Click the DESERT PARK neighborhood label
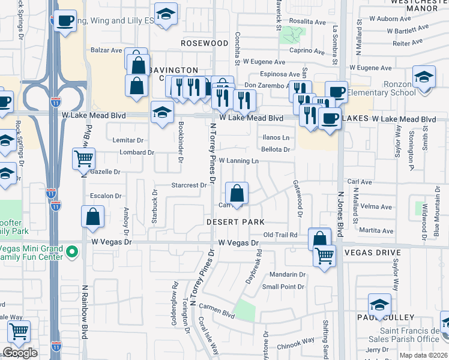pyautogui.click(x=235, y=222)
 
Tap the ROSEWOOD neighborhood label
pyautogui.click(x=205, y=44)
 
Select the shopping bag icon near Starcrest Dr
pyautogui.click(x=237, y=194)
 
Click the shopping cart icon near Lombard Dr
pyautogui.click(x=83, y=160)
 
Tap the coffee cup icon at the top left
pyautogui.click(x=65, y=21)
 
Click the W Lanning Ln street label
pyautogui.click(x=238, y=161)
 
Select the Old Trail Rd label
pyautogui.click(x=280, y=235)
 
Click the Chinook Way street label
pyautogui.click(x=295, y=341)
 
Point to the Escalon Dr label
pyautogui.click(x=106, y=196)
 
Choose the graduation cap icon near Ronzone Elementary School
pyautogui.click(x=424, y=79)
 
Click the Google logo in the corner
pyautogui.click(x=20, y=353)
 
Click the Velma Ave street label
pyautogui.click(x=376, y=208)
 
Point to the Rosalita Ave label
pyautogui.click(x=307, y=21)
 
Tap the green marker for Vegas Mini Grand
pyautogui.click(x=73, y=252)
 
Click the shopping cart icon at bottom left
pyautogui.click(x=19, y=331)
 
